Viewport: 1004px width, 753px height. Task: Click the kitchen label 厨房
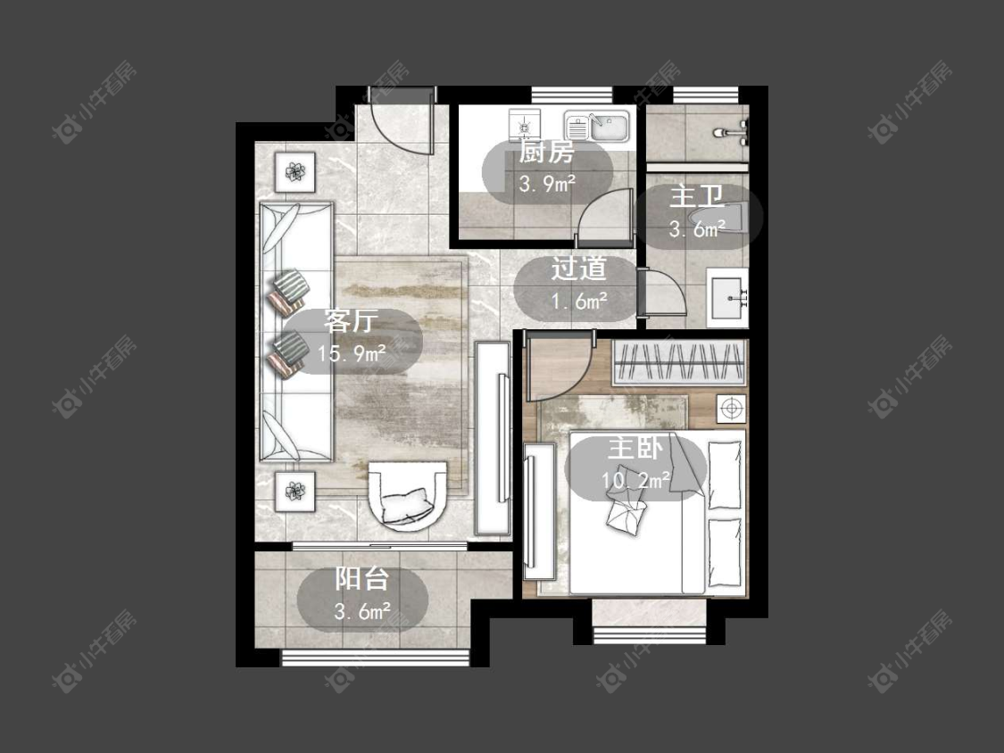[x=546, y=153]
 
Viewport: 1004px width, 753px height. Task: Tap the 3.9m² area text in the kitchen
[x=547, y=185]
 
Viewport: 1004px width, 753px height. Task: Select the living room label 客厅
[x=351, y=321]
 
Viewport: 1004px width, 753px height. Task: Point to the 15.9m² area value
[x=352, y=352]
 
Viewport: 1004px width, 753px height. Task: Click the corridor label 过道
[x=579, y=269]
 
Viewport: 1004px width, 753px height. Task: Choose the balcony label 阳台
[x=362, y=579]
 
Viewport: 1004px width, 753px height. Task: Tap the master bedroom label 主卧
[x=635, y=448]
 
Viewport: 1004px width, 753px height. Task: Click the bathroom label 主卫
[x=697, y=196]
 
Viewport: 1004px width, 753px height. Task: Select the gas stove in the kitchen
[x=525, y=124]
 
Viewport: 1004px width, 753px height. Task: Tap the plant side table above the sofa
[x=295, y=171]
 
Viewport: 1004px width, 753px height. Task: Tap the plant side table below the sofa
[x=295, y=491]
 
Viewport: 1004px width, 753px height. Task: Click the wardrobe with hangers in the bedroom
[x=680, y=362]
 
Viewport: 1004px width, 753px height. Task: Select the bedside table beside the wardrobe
[x=731, y=407]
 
